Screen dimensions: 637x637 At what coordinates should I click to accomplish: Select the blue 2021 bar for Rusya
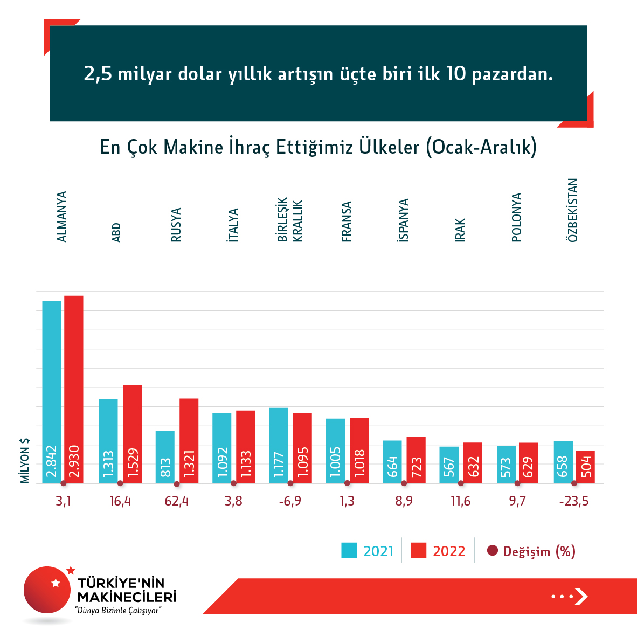pyautogui.click(x=165, y=457)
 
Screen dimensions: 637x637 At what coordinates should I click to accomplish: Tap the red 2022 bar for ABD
pyautogui.click(x=132, y=434)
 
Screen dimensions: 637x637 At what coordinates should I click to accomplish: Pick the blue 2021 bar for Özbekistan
pyautogui.click(x=563, y=462)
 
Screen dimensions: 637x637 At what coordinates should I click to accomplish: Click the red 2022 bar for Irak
pyautogui.click(x=473, y=463)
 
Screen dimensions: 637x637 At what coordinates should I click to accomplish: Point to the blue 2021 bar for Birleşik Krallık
pyautogui.click(x=279, y=445)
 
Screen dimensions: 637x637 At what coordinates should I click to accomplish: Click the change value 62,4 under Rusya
pyautogui.click(x=177, y=501)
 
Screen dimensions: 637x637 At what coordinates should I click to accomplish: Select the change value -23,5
pyautogui.click(x=574, y=501)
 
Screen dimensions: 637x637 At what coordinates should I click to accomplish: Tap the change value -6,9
pyautogui.click(x=290, y=501)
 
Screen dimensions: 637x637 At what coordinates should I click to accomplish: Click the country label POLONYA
pyautogui.click(x=516, y=217)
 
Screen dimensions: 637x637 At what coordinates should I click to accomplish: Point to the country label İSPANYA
pyautogui.click(x=403, y=220)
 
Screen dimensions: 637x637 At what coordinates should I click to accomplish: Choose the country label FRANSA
pyautogui.click(x=347, y=221)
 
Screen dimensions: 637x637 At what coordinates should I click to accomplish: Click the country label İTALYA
pyautogui.click(x=233, y=225)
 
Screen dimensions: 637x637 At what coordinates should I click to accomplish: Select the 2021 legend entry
pyautogui.click(x=368, y=551)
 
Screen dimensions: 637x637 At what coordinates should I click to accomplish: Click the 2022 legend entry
pyautogui.click(x=438, y=551)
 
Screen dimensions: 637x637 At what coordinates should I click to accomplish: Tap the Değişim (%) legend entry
pyautogui.click(x=531, y=551)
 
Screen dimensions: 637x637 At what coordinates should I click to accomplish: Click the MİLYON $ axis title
pyautogui.click(x=25, y=460)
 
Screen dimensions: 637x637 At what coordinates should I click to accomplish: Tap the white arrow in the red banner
pyautogui.click(x=580, y=596)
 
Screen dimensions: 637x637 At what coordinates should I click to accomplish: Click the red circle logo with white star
pyautogui.click(x=47, y=590)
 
